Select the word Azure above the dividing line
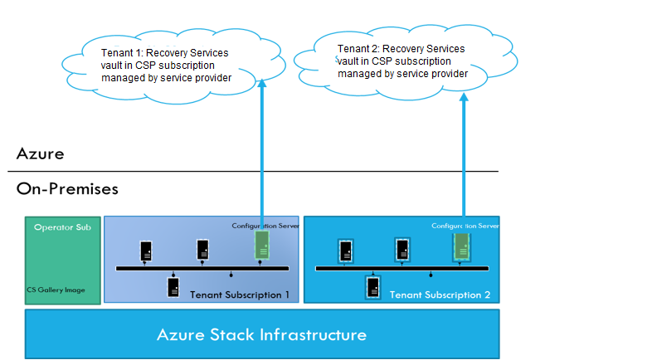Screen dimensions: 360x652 (40, 153)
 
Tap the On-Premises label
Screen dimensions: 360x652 (67, 189)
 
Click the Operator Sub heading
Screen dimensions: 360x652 (61, 226)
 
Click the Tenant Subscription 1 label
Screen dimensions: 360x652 (240, 294)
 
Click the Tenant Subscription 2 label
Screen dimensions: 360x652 (440, 294)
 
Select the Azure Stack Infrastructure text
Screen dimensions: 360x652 (261, 335)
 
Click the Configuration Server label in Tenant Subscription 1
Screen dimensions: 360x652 (264, 225)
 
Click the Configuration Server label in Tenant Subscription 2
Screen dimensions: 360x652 (465, 225)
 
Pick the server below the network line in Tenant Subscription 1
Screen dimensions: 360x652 (173, 287)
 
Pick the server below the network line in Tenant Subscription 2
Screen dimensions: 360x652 (373, 288)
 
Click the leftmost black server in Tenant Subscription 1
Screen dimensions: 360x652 (146, 249)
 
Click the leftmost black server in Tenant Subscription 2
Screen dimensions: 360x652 (346, 249)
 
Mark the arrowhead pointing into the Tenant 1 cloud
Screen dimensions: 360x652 (262, 83)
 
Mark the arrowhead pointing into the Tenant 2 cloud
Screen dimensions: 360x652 (464, 98)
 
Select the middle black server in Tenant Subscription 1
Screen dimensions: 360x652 (202, 249)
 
